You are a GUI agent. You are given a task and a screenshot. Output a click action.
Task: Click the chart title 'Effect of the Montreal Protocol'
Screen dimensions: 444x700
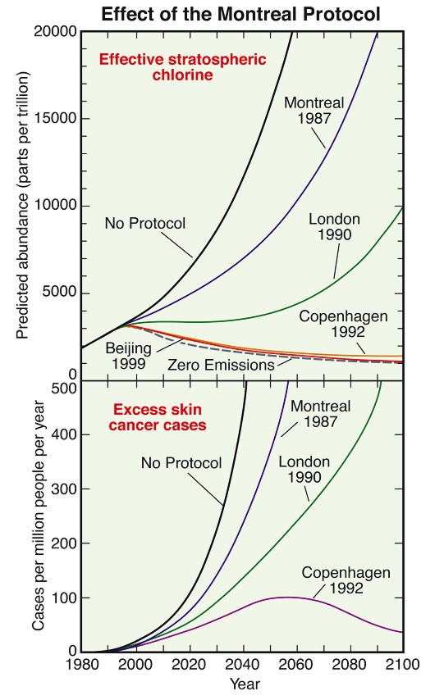coord(240,14)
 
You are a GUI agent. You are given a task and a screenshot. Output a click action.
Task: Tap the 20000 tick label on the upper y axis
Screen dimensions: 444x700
coord(55,32)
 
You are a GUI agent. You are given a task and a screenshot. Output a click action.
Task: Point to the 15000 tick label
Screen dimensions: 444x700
coord(55,119)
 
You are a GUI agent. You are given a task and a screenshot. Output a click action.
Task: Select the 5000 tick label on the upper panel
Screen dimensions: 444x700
coord(59,293)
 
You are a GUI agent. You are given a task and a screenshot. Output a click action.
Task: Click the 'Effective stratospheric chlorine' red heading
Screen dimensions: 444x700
coord(182,66)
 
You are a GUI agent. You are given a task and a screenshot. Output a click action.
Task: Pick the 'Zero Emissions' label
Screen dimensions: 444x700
coord(221,365)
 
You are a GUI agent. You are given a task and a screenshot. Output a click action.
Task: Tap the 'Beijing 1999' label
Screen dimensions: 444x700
coord(129,356)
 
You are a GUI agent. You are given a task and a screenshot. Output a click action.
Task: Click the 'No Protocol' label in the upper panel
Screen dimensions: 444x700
coord(145,223)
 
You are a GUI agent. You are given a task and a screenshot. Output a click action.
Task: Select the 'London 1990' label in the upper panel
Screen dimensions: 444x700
coord(335,227)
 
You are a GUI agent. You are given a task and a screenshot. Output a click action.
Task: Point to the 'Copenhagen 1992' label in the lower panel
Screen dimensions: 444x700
coord(346,580)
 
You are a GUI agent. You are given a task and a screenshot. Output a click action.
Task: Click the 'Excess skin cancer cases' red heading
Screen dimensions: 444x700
coord(158,417)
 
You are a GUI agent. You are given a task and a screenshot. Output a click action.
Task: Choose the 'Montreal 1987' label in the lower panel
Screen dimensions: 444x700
coord(321,414)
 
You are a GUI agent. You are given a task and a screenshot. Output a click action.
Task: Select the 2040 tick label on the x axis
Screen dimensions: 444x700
coord(243,664)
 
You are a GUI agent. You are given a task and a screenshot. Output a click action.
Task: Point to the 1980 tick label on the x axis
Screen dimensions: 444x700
coord(82,664)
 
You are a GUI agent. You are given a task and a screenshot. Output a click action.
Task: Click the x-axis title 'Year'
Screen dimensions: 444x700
coord(245,684)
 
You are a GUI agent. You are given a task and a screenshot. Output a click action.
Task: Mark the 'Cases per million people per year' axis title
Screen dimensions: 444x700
coord(39,516)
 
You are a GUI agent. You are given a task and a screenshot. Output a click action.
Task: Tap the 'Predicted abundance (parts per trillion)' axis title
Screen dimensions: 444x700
coord(22,204)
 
